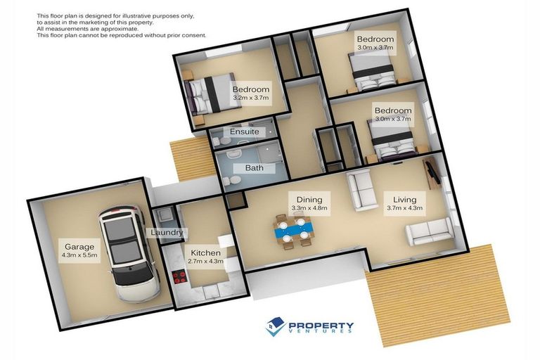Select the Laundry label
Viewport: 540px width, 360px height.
[166, 233]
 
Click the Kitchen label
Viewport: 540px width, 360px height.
[205, 252]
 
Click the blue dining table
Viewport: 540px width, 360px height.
[292, 229]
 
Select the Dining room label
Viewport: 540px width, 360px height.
[309, 199]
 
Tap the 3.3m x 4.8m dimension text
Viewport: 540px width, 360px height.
[309, 208]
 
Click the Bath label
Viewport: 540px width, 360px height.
[255, 168]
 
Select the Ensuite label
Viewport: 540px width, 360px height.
[245, 131]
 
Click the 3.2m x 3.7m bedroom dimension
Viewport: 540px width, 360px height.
[251, 98]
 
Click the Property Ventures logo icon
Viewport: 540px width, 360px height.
[274, 326]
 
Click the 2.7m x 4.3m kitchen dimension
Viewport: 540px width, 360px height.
[205, 262]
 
